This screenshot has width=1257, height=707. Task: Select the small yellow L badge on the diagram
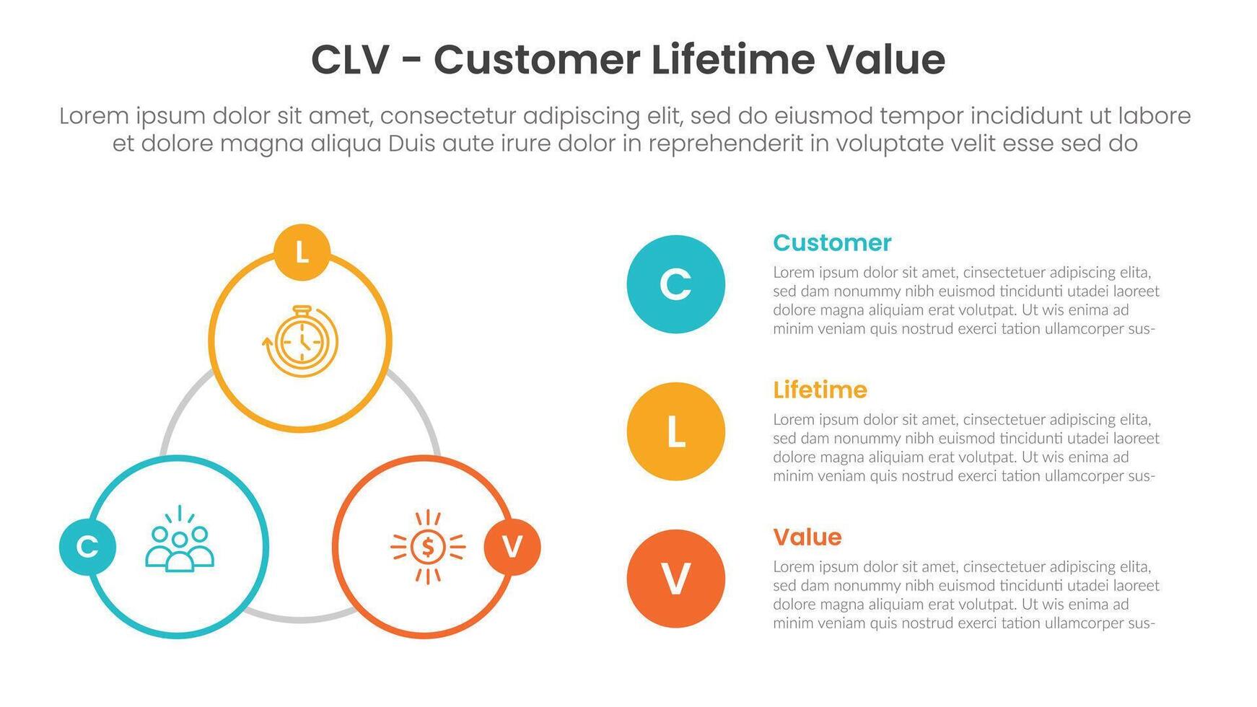(x=302, y=252)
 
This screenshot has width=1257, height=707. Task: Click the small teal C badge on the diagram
(x=87, y=547)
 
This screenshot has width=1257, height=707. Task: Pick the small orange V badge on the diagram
(x=512, y=547)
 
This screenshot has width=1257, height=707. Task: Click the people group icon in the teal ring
(x=180, y=539)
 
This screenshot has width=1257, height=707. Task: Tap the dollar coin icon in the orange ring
(x=428, y=547)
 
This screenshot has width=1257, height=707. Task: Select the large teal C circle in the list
(x=676, y=284)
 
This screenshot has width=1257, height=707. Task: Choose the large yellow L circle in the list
(x=676, y=431)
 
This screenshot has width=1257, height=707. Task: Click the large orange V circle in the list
(x=676, y=579)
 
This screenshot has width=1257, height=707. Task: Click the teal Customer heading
(x=832, y=243)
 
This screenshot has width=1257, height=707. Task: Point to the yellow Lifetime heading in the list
(x=820, y=390)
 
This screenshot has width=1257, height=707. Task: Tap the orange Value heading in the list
(x=807, y=537)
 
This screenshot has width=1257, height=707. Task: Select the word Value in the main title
(x=885, y=59)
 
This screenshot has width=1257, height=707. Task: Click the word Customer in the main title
(x=537, y=60)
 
